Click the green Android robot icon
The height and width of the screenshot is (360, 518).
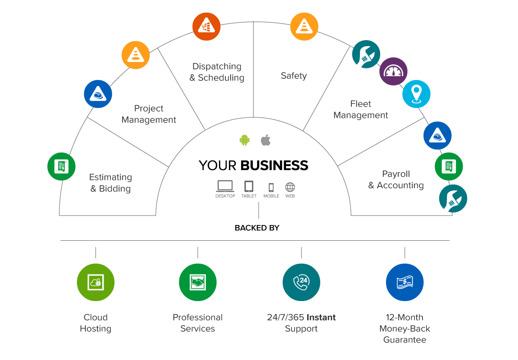[x=245, y=140]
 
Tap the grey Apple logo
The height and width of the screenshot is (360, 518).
[x=266, y=140]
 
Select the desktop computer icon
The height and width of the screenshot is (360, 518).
[x=225, y=186]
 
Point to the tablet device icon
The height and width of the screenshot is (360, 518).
[x=249, y=186]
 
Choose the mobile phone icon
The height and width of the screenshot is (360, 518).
[x=271, y=187]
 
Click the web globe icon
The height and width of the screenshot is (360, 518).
[x=290, y=187]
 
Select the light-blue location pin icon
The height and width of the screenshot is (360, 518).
[x=416, y=94]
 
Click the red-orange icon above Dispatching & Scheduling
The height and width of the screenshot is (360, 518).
[x=206, y=25]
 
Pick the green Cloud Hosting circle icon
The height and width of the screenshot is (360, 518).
[x=95, y=282]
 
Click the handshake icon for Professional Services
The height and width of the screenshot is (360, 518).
[x=198, y=282]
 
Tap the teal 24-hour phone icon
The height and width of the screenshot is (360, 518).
[x=301, y=282]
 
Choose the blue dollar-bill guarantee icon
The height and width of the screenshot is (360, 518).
[x=405, y=282]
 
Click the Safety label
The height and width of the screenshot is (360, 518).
[x=294, y=76]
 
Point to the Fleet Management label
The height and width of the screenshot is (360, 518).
[x=360, y=109]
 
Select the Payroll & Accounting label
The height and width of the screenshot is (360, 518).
[x=396, y=180]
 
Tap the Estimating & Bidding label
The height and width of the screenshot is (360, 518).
[x=110, y=183]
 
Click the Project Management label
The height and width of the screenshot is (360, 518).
[x=149, y=114]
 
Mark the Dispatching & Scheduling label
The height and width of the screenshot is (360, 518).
[x=217, y=72]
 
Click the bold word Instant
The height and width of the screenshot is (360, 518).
[x=322, y=317]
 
